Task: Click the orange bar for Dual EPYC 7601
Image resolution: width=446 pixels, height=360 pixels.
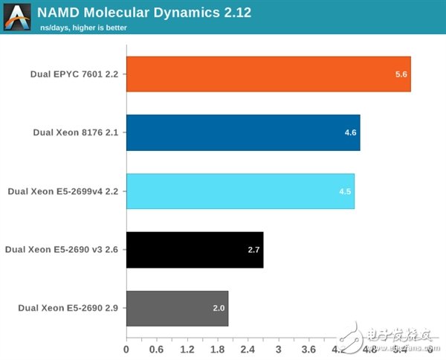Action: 268,74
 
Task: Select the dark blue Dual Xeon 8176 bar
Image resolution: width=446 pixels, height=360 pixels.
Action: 243,132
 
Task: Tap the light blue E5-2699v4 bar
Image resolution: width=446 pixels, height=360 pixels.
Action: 240,191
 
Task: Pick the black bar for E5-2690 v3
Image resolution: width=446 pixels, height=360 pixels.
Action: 195,250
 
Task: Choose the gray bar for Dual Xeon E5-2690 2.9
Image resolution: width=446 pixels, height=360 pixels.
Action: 177,308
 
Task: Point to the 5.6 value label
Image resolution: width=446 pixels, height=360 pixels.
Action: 401,74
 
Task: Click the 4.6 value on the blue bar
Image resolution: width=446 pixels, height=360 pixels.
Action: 351,132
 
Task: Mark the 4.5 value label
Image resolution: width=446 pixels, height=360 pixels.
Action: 345,191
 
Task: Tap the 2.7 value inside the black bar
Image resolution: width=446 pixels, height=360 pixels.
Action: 253,250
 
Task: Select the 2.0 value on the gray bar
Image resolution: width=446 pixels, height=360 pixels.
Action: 219,308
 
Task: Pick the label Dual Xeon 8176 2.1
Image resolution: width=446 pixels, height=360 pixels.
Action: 76,132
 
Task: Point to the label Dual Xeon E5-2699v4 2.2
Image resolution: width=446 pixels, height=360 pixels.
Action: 63,191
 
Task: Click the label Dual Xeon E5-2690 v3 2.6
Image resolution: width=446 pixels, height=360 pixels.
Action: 62,250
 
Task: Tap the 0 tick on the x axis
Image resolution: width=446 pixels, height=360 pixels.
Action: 126,348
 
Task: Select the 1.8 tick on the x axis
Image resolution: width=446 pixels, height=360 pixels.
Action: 218,348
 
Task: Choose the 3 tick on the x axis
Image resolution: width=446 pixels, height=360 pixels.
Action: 279,348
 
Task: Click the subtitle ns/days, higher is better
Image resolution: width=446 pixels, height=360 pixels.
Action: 83,28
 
